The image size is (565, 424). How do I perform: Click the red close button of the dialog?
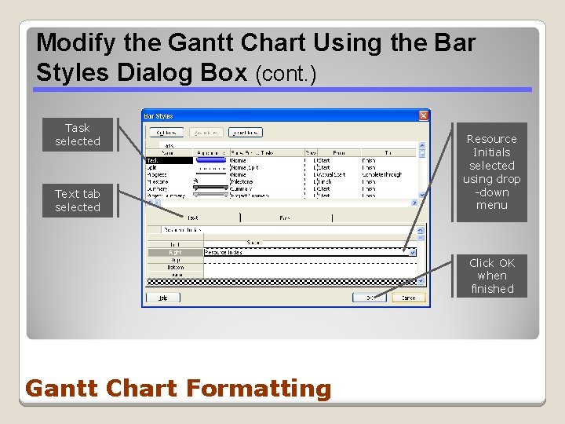(424, 115)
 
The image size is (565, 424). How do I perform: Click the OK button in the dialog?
(365, 298)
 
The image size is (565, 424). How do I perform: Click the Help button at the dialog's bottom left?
(163, 298)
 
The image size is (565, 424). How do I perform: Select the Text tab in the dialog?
(193, 217)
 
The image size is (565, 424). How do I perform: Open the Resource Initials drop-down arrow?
(412, 252)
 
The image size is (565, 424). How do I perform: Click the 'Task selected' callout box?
(78, 134)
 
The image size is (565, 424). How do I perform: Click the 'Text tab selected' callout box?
(78, 200)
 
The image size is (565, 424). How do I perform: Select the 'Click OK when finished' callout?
(492, 276)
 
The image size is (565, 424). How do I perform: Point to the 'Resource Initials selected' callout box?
(492, 172)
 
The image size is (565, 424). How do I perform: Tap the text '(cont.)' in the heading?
(286, 74)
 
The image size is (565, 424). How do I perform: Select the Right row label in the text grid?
(176, 252)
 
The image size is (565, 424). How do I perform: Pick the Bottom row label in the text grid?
(176, 267)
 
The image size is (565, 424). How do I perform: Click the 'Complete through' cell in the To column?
(382, 174)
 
